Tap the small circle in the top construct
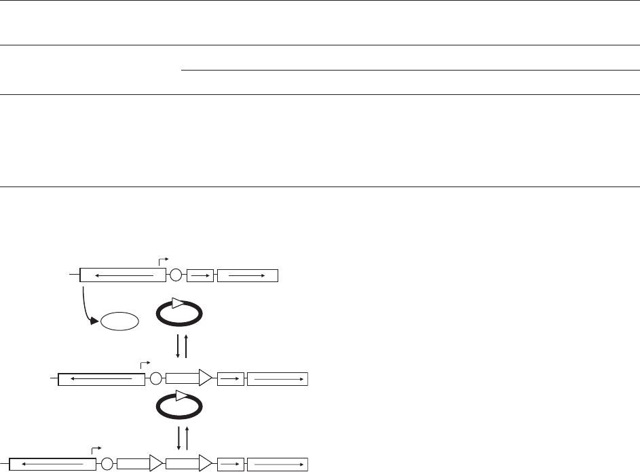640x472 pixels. [176, 275]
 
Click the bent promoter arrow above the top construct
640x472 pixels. [163, 260]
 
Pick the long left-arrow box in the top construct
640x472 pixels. [123, 275]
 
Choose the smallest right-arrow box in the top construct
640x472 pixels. [200, 275]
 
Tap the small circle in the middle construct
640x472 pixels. [155, 378]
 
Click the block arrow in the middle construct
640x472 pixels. [191, 378]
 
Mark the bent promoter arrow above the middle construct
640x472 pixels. [143, 364]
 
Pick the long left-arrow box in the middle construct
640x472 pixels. [102, 378]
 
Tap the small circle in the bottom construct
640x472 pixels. [107, 464]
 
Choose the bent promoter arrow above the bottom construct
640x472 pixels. [96, 449]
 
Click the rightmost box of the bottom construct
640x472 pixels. [277, 464]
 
